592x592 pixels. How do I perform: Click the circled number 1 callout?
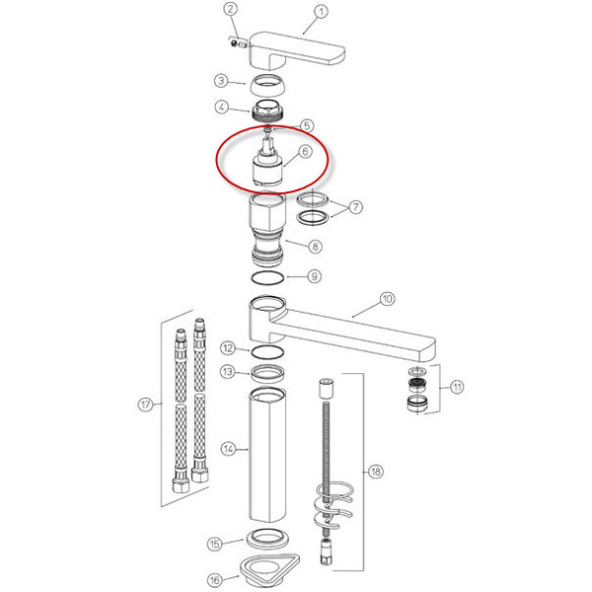tap(321, 12)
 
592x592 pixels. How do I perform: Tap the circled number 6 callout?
tap(305, 151)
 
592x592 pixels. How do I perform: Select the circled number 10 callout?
tap(387, 299)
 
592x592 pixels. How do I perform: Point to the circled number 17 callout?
tap(146, 405)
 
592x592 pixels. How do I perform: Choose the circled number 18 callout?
tap(375, 472)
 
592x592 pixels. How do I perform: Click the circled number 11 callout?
tap(457, 387)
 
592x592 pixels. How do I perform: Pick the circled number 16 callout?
tap(215, 580)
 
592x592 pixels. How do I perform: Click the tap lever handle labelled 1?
tap(297, 51)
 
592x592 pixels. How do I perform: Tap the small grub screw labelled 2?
tap(239, 43)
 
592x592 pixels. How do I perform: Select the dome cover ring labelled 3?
tap(267, 85)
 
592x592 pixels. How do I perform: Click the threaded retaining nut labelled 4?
tap(267, 111)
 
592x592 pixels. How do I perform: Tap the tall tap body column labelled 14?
tap(267, 455)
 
